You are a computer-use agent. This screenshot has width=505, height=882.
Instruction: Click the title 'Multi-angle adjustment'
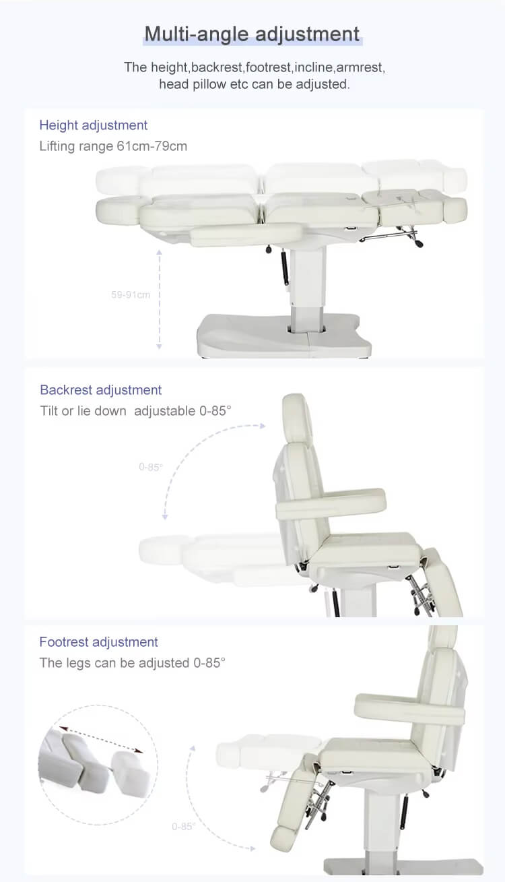252,34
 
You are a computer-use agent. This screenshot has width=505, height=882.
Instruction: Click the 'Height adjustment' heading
94,125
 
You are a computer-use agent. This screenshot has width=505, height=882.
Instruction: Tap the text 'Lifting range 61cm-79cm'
113,146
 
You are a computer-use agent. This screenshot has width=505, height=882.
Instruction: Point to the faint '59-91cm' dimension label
131,294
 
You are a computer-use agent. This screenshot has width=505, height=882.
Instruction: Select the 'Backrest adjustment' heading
101,390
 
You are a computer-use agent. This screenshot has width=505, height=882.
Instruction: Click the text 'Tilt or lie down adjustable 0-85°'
135,411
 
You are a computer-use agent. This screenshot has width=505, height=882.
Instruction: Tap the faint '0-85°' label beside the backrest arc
150,467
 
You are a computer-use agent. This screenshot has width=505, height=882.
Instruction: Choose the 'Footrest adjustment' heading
98,642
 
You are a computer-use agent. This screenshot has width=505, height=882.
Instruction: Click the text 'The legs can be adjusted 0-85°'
132,663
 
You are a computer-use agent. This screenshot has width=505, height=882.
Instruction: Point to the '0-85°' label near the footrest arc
183,826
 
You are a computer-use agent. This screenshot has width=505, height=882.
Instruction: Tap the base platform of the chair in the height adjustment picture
283,335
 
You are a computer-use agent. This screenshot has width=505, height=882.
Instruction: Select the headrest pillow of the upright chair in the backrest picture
298,418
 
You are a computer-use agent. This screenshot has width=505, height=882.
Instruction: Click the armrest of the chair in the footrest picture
409,709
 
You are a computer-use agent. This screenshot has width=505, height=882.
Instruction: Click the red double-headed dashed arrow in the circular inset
101,739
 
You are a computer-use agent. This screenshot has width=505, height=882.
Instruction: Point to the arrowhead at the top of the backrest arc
263,426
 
